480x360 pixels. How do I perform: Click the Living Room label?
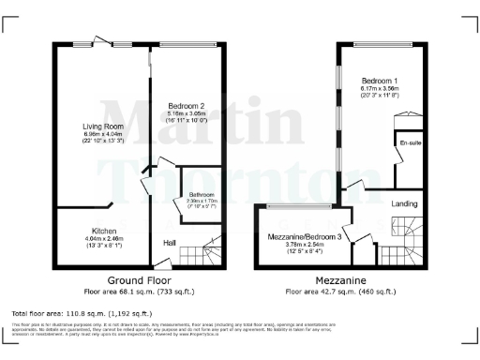[99, 125]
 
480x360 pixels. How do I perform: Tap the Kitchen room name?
[104, 230]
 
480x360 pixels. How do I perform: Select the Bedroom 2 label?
[187, 106]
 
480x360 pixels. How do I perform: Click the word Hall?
[170, 243]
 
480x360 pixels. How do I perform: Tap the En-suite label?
[409, 142]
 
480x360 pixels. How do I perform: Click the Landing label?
[405, 202]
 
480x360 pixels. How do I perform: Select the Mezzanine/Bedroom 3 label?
[303, 238]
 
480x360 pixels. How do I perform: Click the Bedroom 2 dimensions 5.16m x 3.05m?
[187, 113]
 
